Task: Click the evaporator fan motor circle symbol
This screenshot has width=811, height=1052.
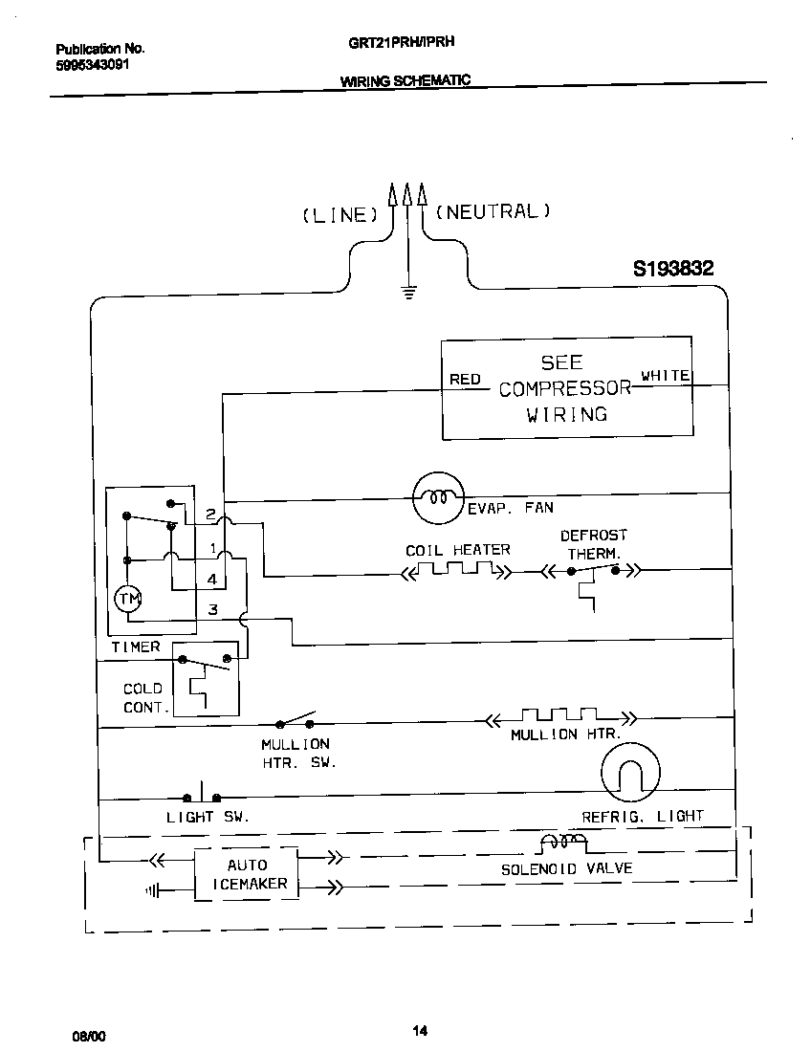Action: pyautogui.click(x=438, y=497)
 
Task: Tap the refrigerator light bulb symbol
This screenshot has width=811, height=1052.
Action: pyautogui.click(x=630, y=772)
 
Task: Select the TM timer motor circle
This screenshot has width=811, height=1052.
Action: pyautogui.click(x=127, y=599)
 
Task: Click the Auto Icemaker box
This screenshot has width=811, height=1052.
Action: pyautogui.click(x=247, y=874)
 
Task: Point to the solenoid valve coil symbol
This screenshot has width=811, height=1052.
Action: pyautogui.click(x=563, y=844)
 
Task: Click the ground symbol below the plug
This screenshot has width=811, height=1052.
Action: pyautogui.click(x=408, y=292)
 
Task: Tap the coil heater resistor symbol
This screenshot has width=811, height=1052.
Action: pyautogui.click(x=456, y=572)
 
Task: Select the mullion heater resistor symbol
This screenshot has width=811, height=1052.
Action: pyautogui.click(x=559, y=717)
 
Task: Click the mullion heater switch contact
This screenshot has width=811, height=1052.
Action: pyautogui.click(x=296, y=720)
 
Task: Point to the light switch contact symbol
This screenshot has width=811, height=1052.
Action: pyautogui.click(x=202, y=795)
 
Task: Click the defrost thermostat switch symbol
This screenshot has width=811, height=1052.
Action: pyautogui.click(x=593, y=572)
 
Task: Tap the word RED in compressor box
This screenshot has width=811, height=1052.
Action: pyautogui.click(x=465, y=380)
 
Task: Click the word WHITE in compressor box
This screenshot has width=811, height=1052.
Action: pyautogui.click(x=666, y=376)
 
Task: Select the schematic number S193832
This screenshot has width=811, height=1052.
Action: pyautogui.click(x=673, y=270)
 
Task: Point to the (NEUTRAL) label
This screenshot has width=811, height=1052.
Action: pyautogui.click(x=493, y=211)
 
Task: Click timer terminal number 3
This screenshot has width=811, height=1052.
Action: pyautogui.click(x=212, y=609)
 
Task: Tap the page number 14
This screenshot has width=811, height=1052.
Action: pyautogui.click(x=420, y=1030)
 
